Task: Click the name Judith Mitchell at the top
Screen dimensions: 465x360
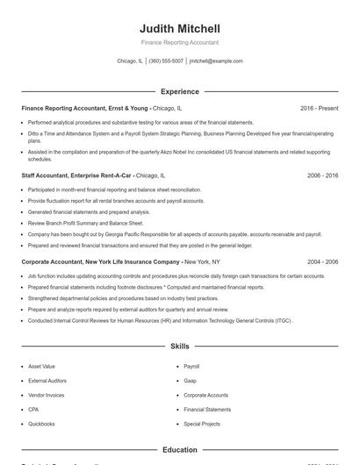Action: click(x=179, y=28)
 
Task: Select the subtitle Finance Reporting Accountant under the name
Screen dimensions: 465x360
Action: click(x=179, y=42)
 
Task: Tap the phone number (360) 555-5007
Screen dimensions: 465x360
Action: click(x=166, y=61)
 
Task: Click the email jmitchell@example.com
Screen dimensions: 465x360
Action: click(x=216, y=61)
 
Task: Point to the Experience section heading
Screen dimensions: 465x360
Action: click(x=179, y=91)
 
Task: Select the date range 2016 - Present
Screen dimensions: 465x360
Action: click(x=319, y=108)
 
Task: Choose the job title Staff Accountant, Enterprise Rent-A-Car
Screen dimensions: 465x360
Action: click(x=77, y=175)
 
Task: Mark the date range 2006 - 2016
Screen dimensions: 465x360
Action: click(x=322, y=175)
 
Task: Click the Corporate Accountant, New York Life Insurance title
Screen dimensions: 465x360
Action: click(x=101, y=262)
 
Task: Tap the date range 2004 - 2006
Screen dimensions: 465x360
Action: click(x=322, y=262)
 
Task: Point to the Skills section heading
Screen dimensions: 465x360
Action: click(x=179, y=347)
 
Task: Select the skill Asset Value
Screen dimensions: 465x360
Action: click(x=41, y=366)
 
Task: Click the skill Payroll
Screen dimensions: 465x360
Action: click(x=191, y=366)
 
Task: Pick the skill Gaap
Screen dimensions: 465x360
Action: click(x=190, y=381)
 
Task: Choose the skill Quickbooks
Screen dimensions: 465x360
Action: click(x=41, y=424)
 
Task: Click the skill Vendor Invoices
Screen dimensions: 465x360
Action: click(x=46, y=395)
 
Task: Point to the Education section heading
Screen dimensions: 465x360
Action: click(x=179, y=449)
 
